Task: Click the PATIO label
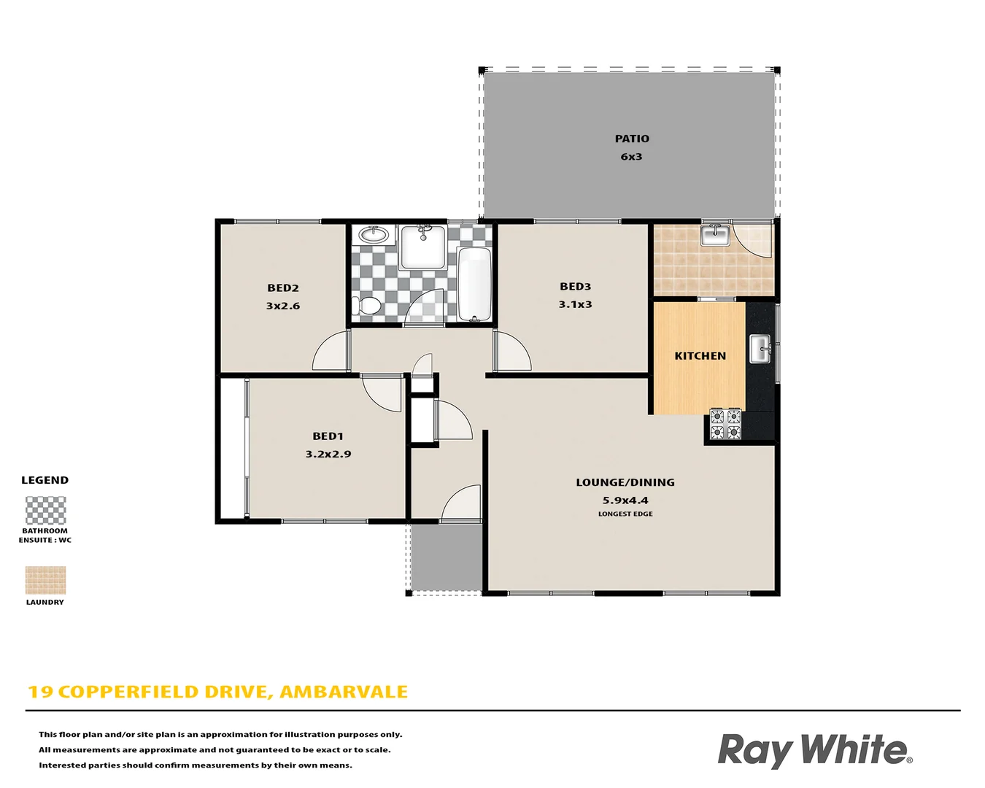[632, 139]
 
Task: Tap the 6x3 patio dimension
[632, 157]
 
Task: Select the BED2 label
[283, 288]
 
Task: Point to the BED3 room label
[576, 287]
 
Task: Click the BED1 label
[328, 436]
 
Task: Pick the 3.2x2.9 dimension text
[328, 454]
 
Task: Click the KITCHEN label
[700, 356]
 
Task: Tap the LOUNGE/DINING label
[625, 482]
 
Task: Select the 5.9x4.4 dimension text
[625, 501]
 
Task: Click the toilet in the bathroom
[366, 305]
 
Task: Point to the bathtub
[475, 285]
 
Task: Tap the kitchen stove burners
[725, 425]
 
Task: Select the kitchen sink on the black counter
[760, 349]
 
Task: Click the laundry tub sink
[715, 235]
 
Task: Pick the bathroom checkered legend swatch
[45, 511]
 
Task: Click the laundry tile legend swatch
[45, 581]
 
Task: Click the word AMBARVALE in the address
[344, 692]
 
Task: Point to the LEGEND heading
[45, 480]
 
